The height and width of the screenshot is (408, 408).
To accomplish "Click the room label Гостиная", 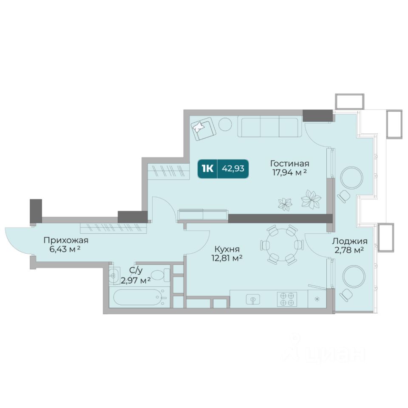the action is click(289, 164).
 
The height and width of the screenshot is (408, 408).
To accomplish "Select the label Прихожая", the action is click(66, 241).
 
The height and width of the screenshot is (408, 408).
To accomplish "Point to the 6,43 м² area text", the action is click(64, 249).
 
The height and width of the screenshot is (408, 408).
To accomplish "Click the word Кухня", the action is click(227, 249).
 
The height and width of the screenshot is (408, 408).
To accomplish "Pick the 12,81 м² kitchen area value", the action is click(227, 258).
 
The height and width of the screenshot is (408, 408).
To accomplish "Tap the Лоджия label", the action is click(349, 241).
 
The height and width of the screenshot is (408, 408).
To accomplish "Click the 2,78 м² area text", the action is click(349, 250).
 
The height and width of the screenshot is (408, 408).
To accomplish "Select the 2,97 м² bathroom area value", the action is click(136, 280).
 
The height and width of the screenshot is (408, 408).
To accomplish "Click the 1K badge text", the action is click(207, 169).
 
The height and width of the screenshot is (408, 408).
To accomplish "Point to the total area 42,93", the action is click(233, 169).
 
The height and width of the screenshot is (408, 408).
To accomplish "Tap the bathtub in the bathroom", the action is click(138, 297).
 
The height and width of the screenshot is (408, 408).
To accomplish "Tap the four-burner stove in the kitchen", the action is click(287, 299).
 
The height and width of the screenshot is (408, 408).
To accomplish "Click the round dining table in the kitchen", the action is click(282, 245).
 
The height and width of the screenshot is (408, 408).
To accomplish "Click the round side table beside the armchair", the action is click(225, 124).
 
